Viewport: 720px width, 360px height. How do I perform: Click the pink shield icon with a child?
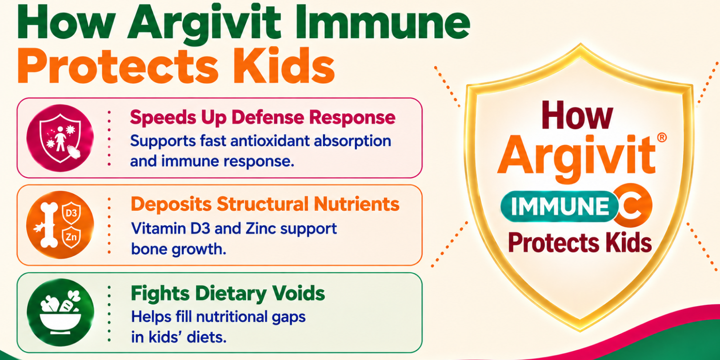pyautogui.click(x=60, y=138)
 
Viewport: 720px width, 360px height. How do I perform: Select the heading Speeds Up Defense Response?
pyautogui.click(x=263, y=117)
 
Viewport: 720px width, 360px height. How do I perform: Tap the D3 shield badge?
pyautogui.click(x=71, y=213)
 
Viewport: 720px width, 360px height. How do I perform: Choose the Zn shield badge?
pyautogui.click(x=71, y=237)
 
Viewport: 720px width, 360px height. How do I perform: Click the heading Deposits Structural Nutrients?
pyautogui.click(x=265, y=204)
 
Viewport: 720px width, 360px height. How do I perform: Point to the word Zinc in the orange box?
pyautogui.click(x=260, y=228)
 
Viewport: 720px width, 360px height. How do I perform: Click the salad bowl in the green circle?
pyautogui.click(x=60, y=312)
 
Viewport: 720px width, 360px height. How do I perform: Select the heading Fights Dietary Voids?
pyautogui.click(x=228, y=293)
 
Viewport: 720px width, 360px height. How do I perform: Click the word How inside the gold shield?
pyautogui.click(x=578, y=115)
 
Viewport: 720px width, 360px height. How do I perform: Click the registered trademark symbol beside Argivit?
pyautogui.click(x=662, y=138)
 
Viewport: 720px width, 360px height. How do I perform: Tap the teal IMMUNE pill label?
pyautogui.click(x=560, y=206)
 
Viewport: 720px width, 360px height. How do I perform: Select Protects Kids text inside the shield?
pyautogui.click(x=580, y=243)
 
